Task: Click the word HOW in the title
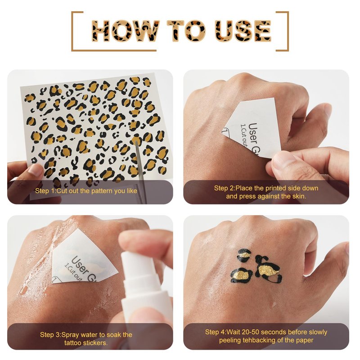(x=126, y=31)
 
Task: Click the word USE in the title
(x=243, y=31)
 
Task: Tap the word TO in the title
(x=187, y=31)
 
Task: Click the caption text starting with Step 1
(x=86, y=191)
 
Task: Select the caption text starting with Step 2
(x=266, y=192)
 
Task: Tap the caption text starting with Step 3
(x=86, y=339)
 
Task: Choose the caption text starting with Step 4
(x=266, y=336)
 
